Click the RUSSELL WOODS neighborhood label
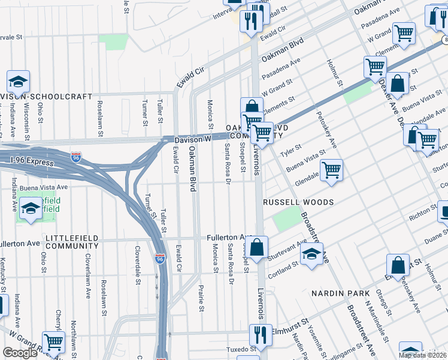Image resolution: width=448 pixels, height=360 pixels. tap(298, 203)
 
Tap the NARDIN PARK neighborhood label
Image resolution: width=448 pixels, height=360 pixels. tap(343, 293)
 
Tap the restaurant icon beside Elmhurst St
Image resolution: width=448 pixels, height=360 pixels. tap(259, 334)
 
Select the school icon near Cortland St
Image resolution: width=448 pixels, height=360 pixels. tap(311, 254)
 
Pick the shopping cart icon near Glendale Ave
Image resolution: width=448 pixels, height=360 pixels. tap(331, 170)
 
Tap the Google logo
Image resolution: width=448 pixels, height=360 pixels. tap(20, 353)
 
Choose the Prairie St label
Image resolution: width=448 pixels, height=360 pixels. tap(201, 300)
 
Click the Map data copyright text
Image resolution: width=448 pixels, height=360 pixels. tap(422, 355)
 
